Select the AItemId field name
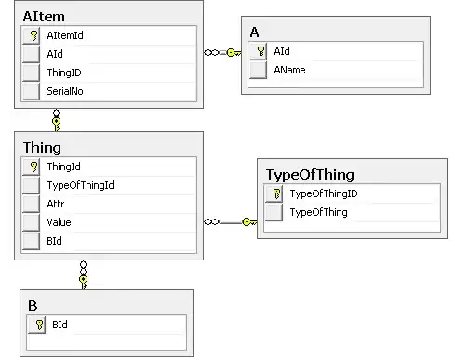click(66, 35)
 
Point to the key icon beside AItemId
click(33, 35)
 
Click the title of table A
click(255, 33)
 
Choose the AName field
click(288, 69)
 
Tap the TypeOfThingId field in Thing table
click(80, 185)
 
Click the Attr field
click(55, 203)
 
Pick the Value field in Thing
click(59, 222)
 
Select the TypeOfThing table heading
click(309, 174)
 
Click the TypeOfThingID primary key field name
click(324, 193)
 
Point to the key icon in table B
click(39, 325)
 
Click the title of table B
click(33, 304)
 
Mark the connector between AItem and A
click(221, 52)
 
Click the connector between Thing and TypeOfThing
click(229, 221)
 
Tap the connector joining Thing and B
click(83, 273)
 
